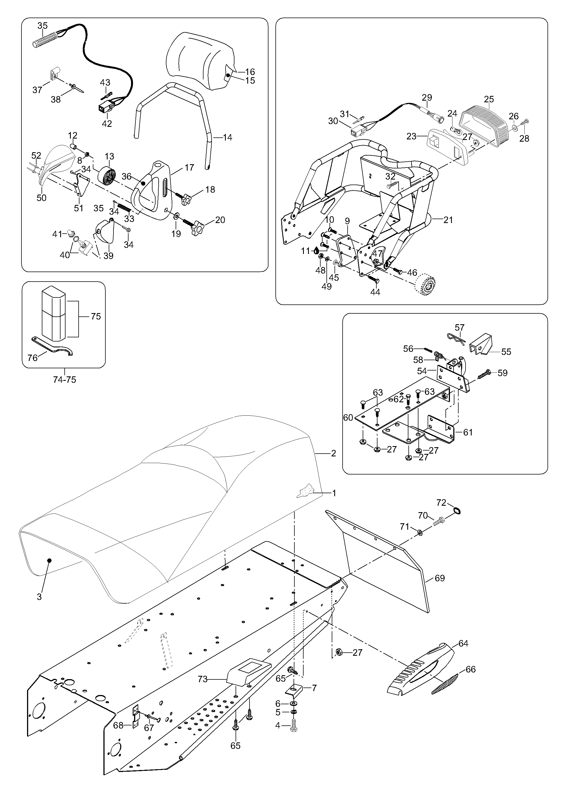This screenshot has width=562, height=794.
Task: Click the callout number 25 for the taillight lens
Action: click(489, 99)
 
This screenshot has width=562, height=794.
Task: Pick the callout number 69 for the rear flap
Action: click(440, 578)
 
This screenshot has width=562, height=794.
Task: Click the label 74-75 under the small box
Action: click(64, 380)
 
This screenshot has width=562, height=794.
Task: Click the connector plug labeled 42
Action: click(103, 109)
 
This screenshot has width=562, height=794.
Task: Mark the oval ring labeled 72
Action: click(456, 511)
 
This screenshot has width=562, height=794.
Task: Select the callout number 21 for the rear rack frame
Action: click(448, 219)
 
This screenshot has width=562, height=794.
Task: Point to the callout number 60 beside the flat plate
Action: click(348, 418)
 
